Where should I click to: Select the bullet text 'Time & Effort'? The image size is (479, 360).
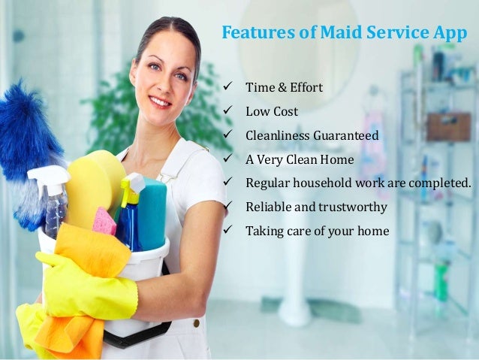click(x=284, y=88)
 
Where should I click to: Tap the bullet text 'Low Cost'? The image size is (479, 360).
click(x=272, y=111)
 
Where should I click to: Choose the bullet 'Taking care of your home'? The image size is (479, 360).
click(x=318, y=231)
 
